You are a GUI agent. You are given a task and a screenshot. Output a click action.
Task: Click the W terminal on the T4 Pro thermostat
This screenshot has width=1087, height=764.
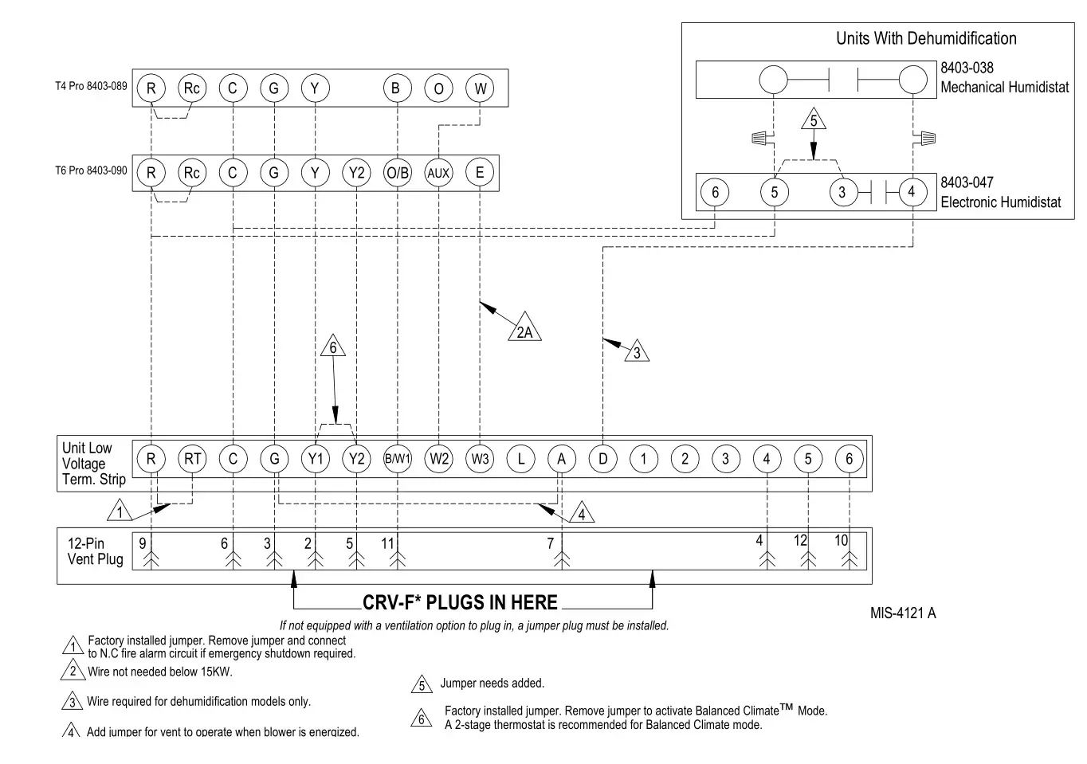(480, 88)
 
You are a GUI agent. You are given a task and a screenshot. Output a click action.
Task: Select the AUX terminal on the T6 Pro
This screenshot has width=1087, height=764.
(438, 173)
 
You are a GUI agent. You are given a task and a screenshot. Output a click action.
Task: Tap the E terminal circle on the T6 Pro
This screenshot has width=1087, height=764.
(480, 172)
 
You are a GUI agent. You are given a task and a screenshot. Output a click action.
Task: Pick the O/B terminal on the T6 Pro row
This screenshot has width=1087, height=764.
(397, 173)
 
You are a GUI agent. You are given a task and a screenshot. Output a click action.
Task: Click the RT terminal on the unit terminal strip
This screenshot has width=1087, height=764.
(192, 459)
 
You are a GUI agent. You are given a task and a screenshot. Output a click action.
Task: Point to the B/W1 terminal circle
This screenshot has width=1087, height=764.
(397, 459)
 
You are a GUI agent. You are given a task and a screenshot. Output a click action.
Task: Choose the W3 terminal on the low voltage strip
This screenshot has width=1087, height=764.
(480, 459)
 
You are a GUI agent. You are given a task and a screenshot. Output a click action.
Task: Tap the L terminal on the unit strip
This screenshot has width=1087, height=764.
(520, 459)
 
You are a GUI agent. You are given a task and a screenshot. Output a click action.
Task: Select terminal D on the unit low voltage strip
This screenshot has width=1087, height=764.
(602, 459)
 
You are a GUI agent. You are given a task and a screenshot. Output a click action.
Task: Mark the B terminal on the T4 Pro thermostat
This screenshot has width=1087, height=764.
(396, 88)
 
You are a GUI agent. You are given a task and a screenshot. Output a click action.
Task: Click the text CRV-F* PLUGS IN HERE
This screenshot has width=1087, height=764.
(460, 603)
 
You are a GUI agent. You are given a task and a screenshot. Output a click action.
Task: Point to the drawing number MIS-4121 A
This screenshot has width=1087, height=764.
(903, 613)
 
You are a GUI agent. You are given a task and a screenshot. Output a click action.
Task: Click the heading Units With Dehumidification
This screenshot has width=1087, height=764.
(926, 38)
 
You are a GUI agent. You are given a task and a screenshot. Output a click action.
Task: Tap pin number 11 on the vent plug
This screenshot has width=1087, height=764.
(387, 543)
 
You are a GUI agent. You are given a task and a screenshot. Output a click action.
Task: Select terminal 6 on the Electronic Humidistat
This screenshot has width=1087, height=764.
(715, 192)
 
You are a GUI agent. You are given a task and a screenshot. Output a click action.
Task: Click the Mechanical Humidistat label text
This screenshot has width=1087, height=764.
(1004, 88)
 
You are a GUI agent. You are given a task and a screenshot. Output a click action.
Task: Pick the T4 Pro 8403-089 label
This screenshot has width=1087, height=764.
(91, 86)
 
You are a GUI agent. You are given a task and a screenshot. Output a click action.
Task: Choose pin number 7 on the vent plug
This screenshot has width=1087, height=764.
(550, 543)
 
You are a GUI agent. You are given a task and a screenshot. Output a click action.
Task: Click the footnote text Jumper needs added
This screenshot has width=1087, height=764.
(492, 684)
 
